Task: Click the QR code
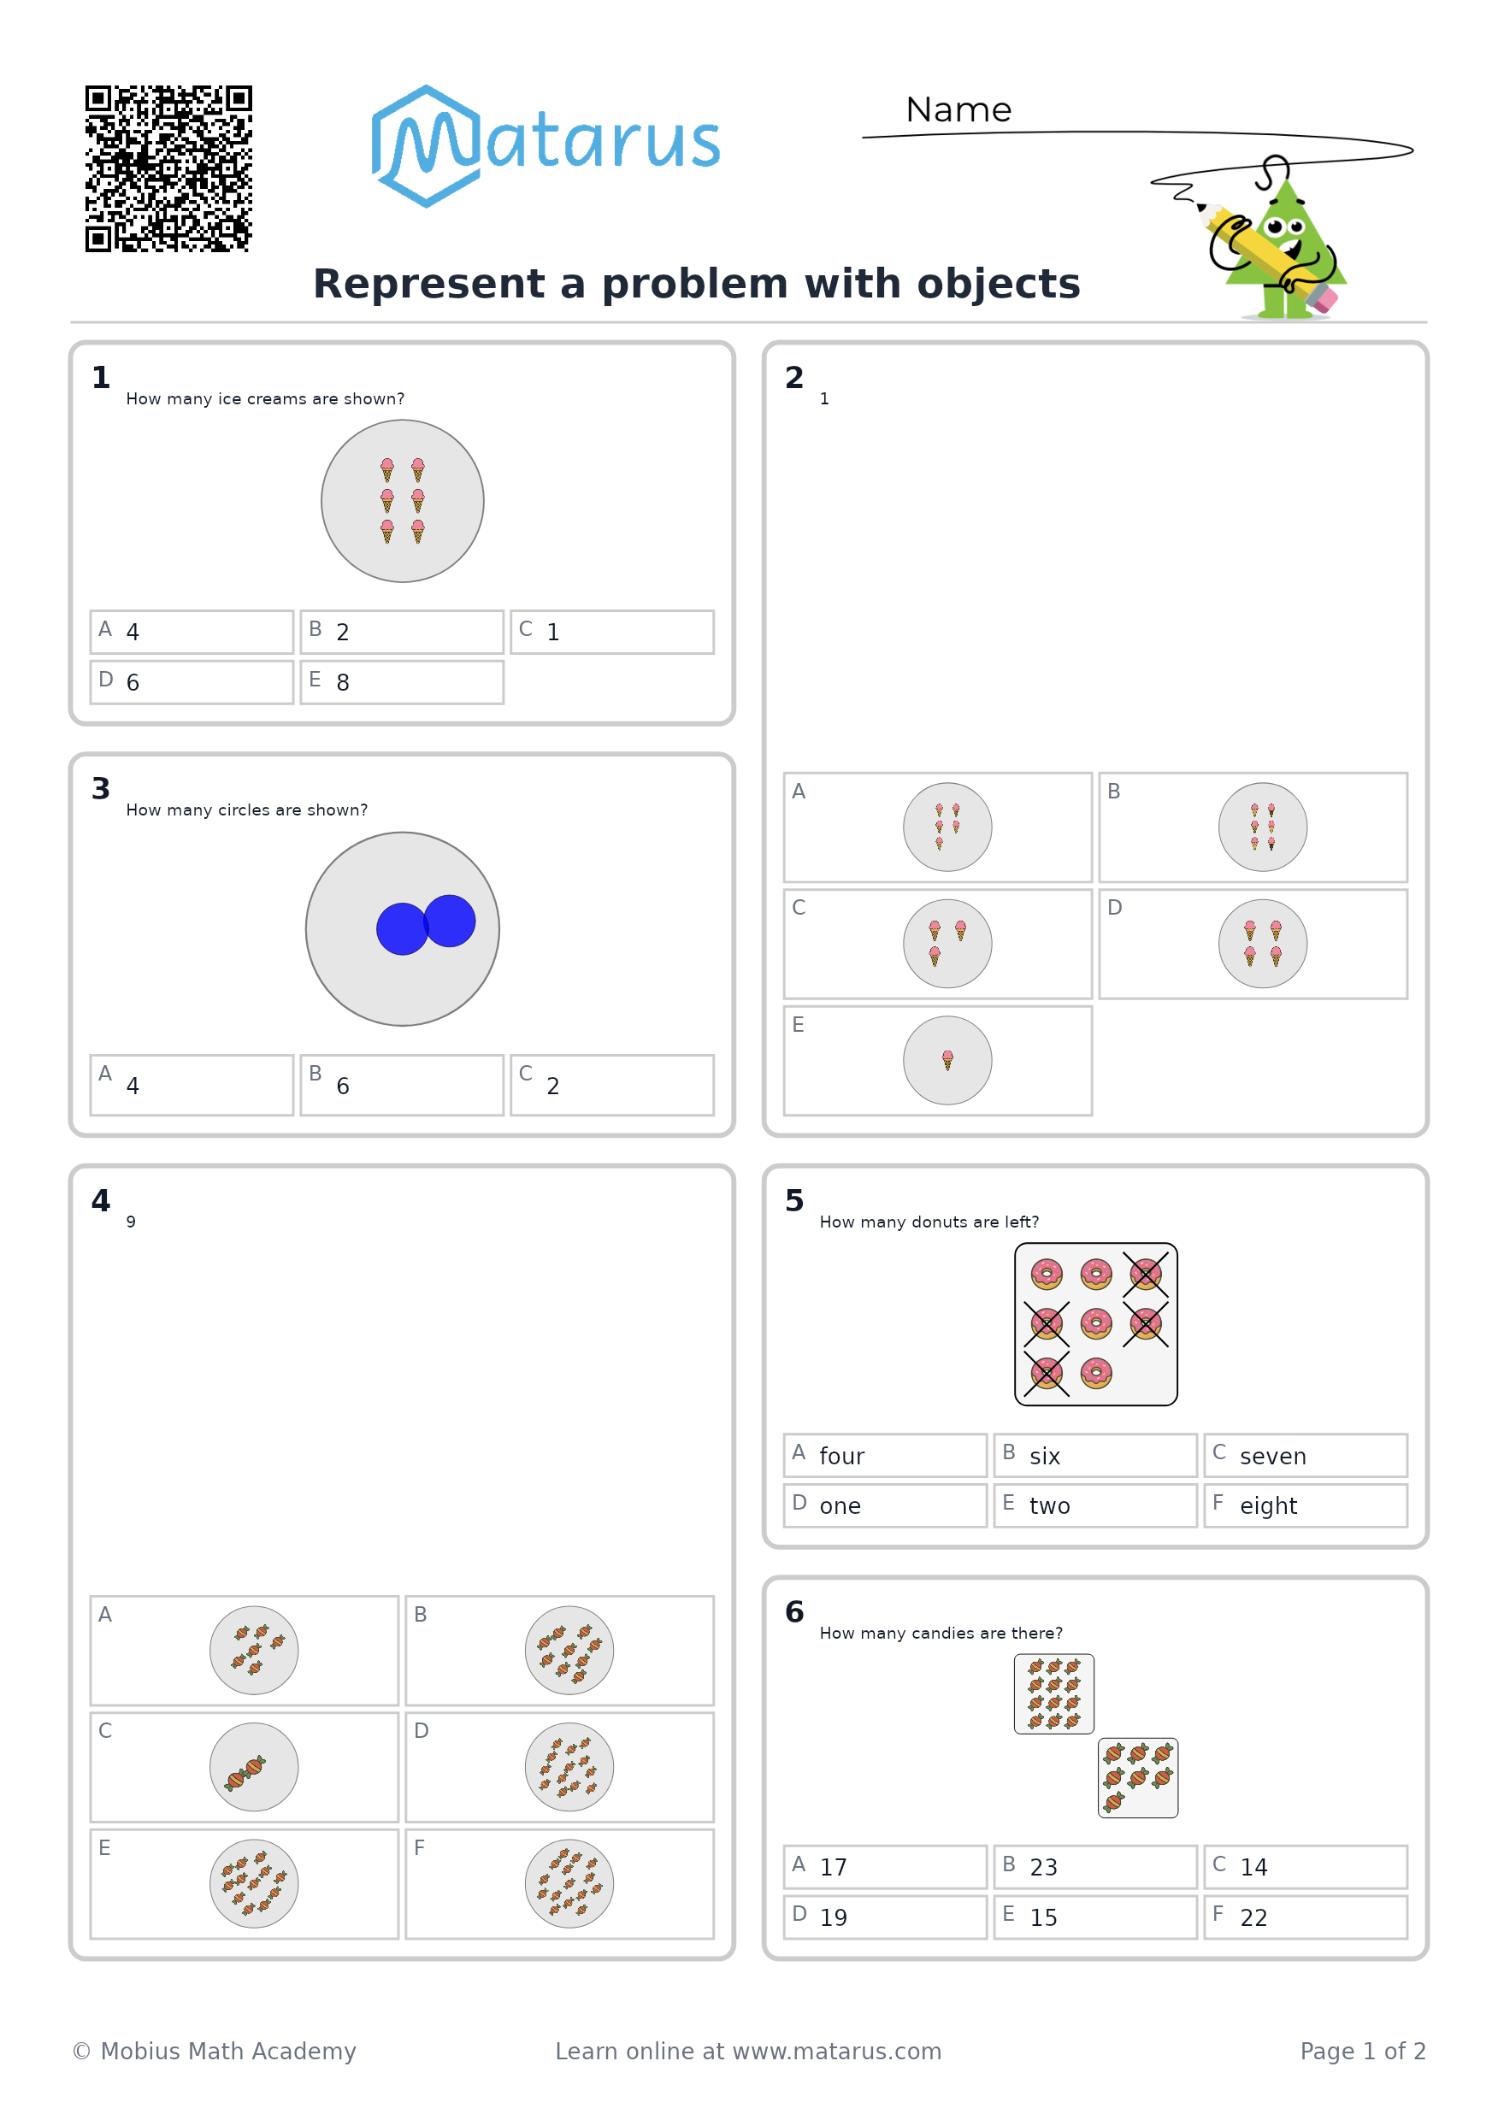tap(168, 169)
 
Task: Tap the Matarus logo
tap(545, 146)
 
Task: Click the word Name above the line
tap(958, 110)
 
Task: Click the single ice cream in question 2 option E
tap(947, 1060)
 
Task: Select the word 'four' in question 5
tap(841, 1456)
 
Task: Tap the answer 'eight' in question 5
tap(1268, 1507)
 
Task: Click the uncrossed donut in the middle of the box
tap(1096, 1323)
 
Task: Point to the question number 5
tap(794, 1200)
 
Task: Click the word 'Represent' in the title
tap(429, 285)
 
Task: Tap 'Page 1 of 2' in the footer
tap(1362, 2051)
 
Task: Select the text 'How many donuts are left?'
tap(929, 1222)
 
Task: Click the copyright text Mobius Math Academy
tap(227, 2051)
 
